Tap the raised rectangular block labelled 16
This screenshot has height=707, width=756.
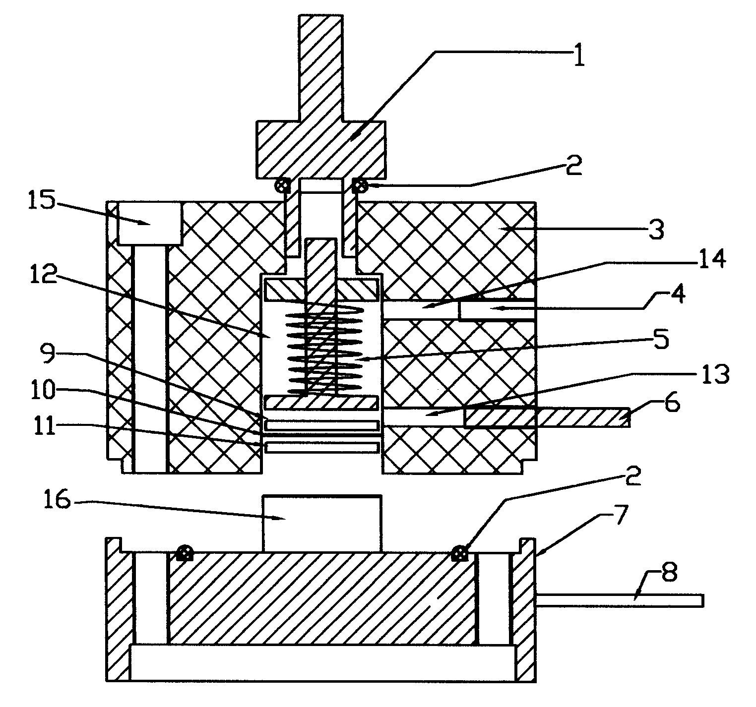pos(322,524)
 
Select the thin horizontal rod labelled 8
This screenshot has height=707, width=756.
pos(620,600)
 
